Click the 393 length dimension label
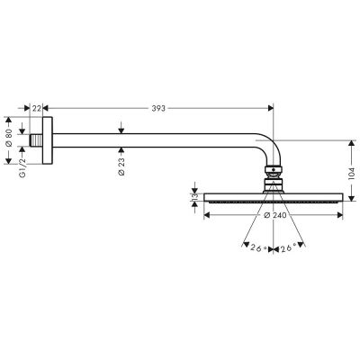(157, 108)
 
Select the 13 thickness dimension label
(192, 198)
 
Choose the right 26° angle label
(289, 248)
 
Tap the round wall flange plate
(52, 141)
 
